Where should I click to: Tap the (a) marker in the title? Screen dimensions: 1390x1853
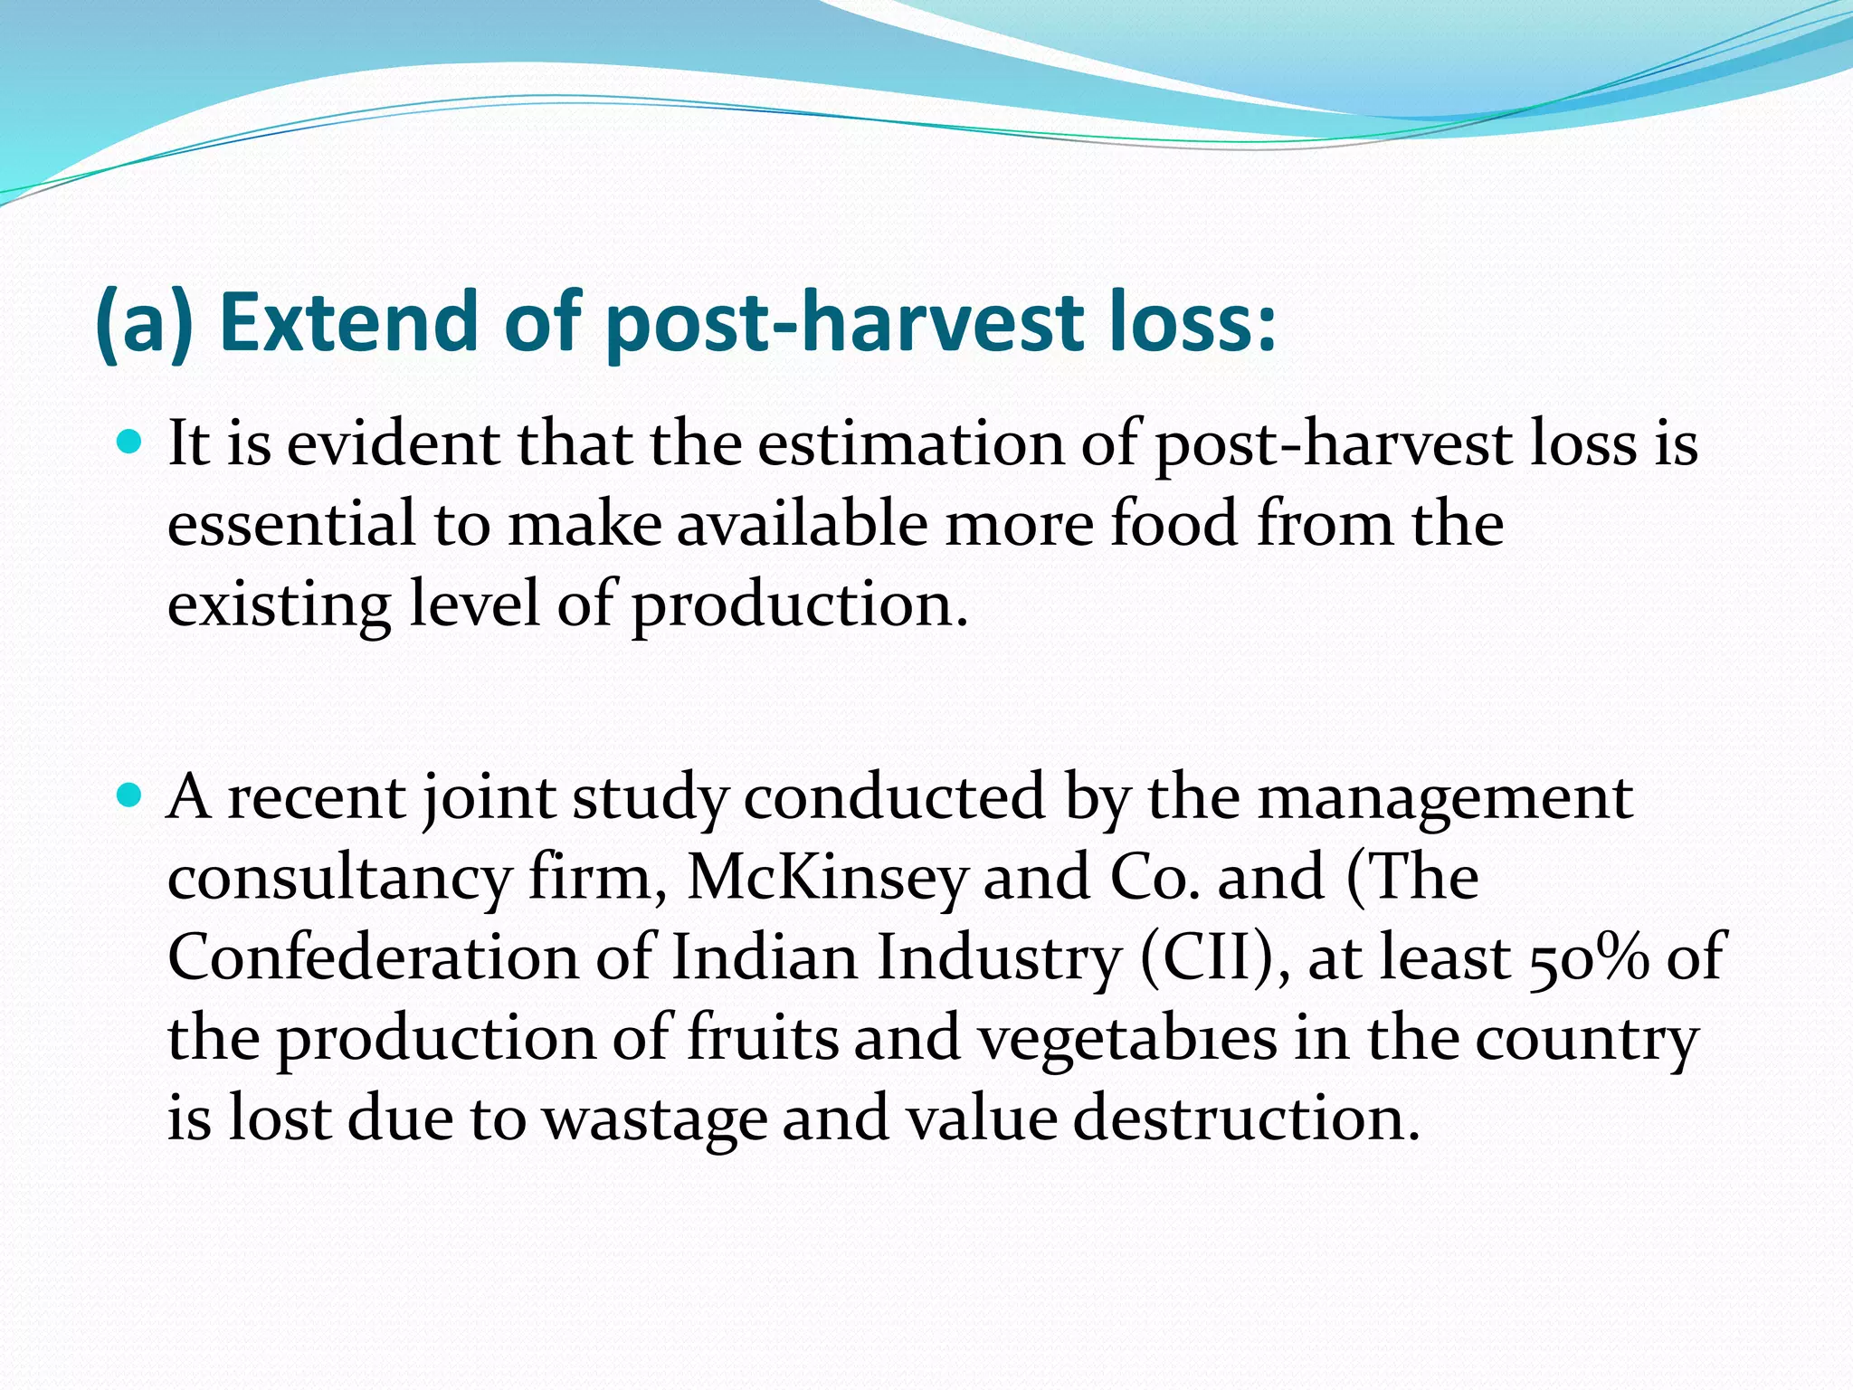[144, 322]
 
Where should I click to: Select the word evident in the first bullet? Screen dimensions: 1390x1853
[392, 445]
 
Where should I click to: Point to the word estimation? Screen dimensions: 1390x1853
[910, 445]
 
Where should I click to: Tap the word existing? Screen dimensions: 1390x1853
[279, 606]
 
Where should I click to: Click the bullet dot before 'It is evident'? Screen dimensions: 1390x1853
[130, 443]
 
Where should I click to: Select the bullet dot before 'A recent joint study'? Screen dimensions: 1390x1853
[130, 796]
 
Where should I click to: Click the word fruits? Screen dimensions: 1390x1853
[763, 1037]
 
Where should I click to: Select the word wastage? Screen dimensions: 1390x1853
[654, 1119]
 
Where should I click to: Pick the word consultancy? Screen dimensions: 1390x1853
[339, 878]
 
